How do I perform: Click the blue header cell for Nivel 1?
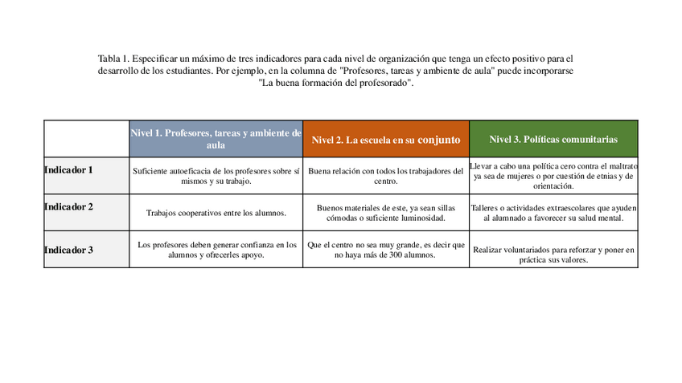(x=216, y=139)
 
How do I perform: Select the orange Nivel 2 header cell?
(x=386, y=140)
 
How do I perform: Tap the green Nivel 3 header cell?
(x=553, y=140)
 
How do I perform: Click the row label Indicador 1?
(x=68, y=170)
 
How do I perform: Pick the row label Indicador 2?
(x=68, y=207)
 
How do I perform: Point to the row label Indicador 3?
(x=68, y=251)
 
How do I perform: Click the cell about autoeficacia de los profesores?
(x=216, y=176)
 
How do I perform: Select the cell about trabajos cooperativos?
(x=216, y=213)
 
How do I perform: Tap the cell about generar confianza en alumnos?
(x=216, y=250)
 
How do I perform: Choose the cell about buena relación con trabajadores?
(x=386, y=176)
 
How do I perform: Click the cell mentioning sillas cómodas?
(x=386, y=213)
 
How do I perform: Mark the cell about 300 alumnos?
(x=386, y=250)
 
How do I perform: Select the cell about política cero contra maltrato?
(x=553, y=176)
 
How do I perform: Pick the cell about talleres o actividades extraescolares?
(x=553, y=213)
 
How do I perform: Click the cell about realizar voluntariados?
(x=553, y=255)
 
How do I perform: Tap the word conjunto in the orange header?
(x=439, y=140)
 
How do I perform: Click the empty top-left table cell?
(x=86, y=139)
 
